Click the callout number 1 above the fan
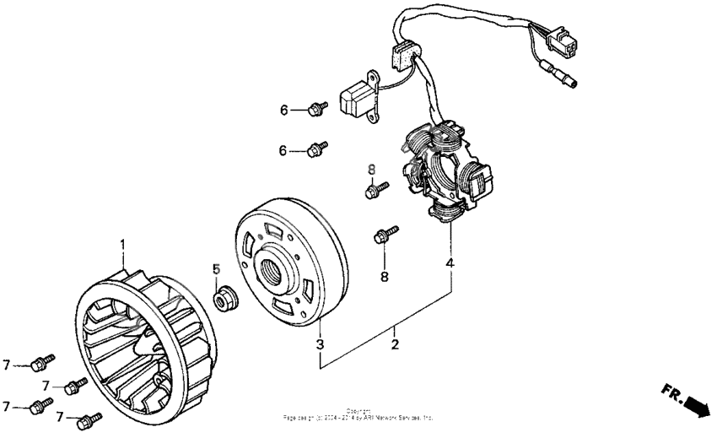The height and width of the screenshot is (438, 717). tap(122, 245)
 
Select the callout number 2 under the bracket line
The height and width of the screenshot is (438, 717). tap(394, 344)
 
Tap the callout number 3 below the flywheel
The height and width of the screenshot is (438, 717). tap(320, 344)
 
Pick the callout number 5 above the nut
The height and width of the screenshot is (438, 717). tap(216, 268)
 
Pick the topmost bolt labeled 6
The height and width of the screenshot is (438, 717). tap(319, 108)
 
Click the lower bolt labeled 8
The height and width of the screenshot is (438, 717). tap(385, 236)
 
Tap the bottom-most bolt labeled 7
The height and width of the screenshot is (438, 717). tap(87, 419)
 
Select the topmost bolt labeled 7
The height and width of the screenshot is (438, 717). tap(40, 364)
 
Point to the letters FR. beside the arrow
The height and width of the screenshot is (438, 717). tap(672, 392)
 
